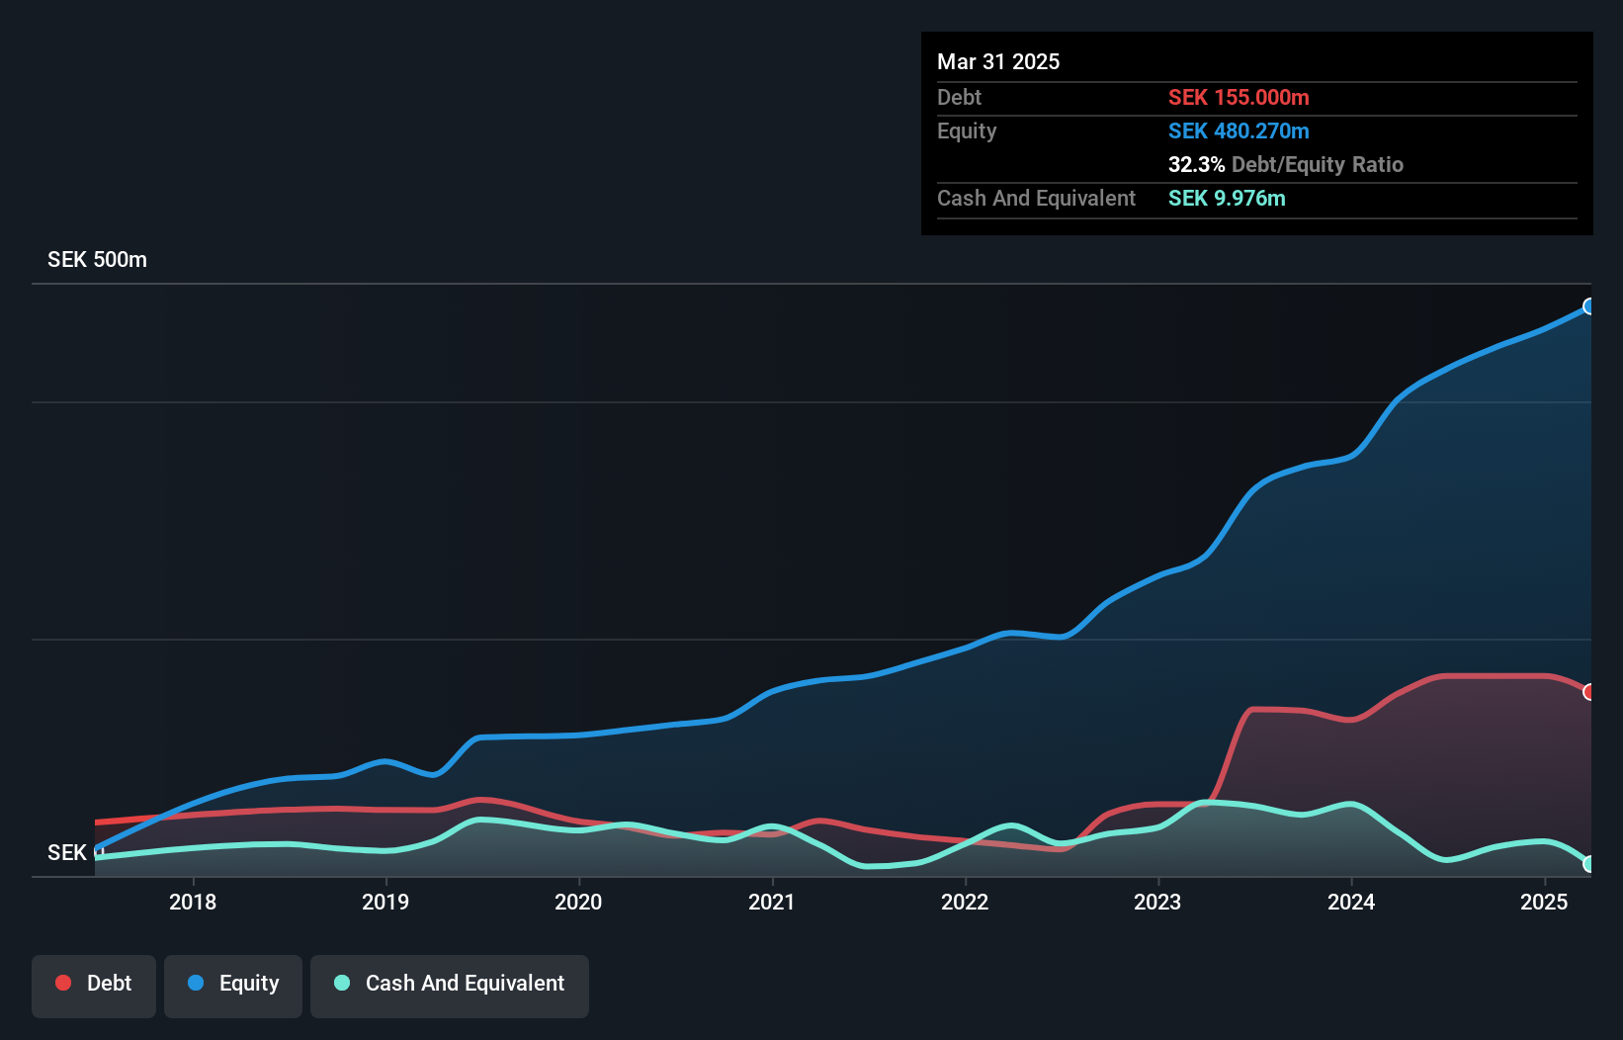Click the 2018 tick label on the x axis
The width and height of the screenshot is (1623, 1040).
pos(193,902)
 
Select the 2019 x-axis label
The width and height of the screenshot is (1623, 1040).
pos(385,902)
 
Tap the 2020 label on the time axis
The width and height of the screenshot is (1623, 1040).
pos(578,902)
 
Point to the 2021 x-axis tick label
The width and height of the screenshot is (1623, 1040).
pos(772,902)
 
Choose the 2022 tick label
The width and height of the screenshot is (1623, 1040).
pos(965,902)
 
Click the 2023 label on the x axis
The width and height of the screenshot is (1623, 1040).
pos(1157,902)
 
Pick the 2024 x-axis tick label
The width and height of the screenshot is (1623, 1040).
pos(1351,902)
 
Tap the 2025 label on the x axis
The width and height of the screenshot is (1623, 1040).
pos(1544,902)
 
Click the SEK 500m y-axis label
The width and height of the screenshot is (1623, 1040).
pos(97,260)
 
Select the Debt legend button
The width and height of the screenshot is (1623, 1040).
pos(94,984)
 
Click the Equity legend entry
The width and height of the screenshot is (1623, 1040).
pos(233,984)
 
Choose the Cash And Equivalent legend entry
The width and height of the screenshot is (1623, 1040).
pos(450,984)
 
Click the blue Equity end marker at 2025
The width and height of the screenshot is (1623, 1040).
pos(1588,306)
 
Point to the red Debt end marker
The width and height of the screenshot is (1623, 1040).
pos(1588,692)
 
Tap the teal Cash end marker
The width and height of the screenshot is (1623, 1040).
pos(1588,864)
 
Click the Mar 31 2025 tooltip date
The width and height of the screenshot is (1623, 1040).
pos(998,62)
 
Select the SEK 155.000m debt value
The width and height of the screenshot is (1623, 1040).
pos(1239,98)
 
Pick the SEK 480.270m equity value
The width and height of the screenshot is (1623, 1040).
pos(1239,131)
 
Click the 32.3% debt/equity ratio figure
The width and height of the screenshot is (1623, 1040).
pos(1196,165)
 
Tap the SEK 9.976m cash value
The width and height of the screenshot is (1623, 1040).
pos(1227,199)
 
